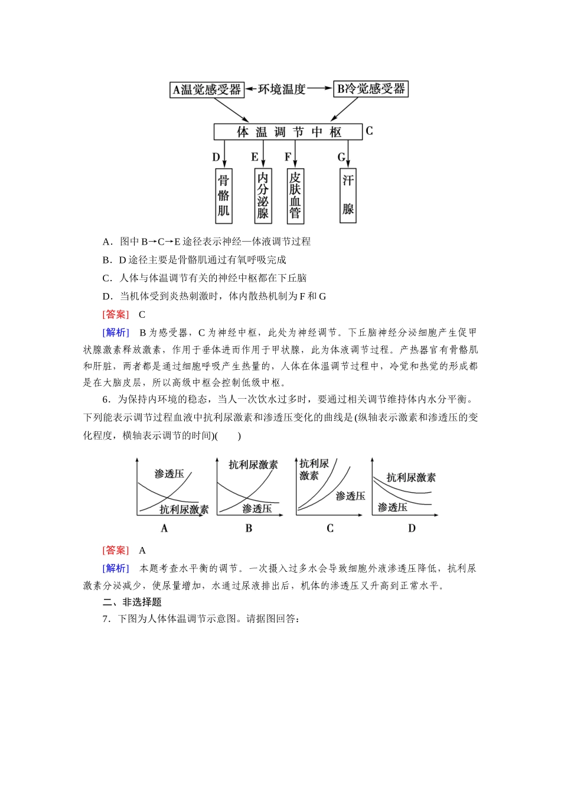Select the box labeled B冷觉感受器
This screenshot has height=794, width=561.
371,89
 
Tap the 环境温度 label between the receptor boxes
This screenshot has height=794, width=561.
282,89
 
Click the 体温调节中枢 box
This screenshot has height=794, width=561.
288,132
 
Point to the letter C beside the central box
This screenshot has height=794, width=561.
370,131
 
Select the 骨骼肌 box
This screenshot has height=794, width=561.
223,196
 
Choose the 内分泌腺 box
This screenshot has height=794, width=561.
263,196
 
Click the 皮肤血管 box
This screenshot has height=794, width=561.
295,196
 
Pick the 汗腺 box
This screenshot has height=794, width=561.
348,196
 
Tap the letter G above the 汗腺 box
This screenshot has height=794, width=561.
341,157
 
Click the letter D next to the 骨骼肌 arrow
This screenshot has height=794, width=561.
216,157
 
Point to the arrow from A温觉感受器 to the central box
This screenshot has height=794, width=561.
229,109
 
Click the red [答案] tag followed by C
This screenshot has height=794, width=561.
115,314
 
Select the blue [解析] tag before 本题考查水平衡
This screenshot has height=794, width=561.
115,568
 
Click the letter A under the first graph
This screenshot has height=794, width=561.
165,528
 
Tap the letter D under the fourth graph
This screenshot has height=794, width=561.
412,528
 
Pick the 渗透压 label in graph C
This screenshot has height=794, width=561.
350,496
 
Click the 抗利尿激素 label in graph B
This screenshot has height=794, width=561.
253,465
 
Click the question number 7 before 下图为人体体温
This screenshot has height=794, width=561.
105,619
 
